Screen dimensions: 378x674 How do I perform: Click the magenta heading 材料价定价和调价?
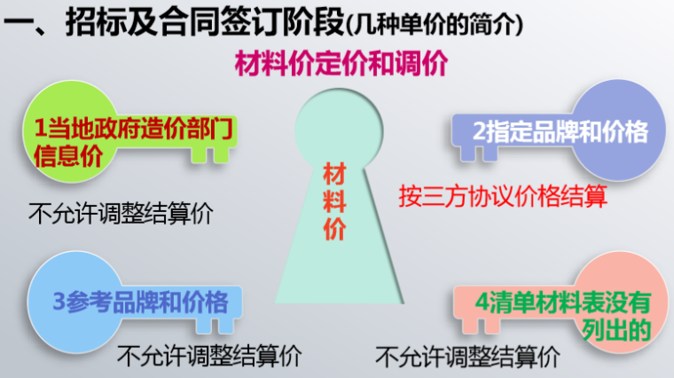(x=341, y=65)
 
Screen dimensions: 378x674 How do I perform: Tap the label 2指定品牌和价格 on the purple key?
(x=560, y=132)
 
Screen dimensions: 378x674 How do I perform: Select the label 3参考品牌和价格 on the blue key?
(x=139, y=301)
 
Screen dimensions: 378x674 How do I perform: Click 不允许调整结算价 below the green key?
(x=121, y=214)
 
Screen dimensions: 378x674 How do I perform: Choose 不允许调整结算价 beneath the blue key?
(x=209, y=357)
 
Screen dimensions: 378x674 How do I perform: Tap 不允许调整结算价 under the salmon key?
(x=467, y=358)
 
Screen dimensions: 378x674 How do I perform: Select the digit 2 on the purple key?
(x=479, y=132)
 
